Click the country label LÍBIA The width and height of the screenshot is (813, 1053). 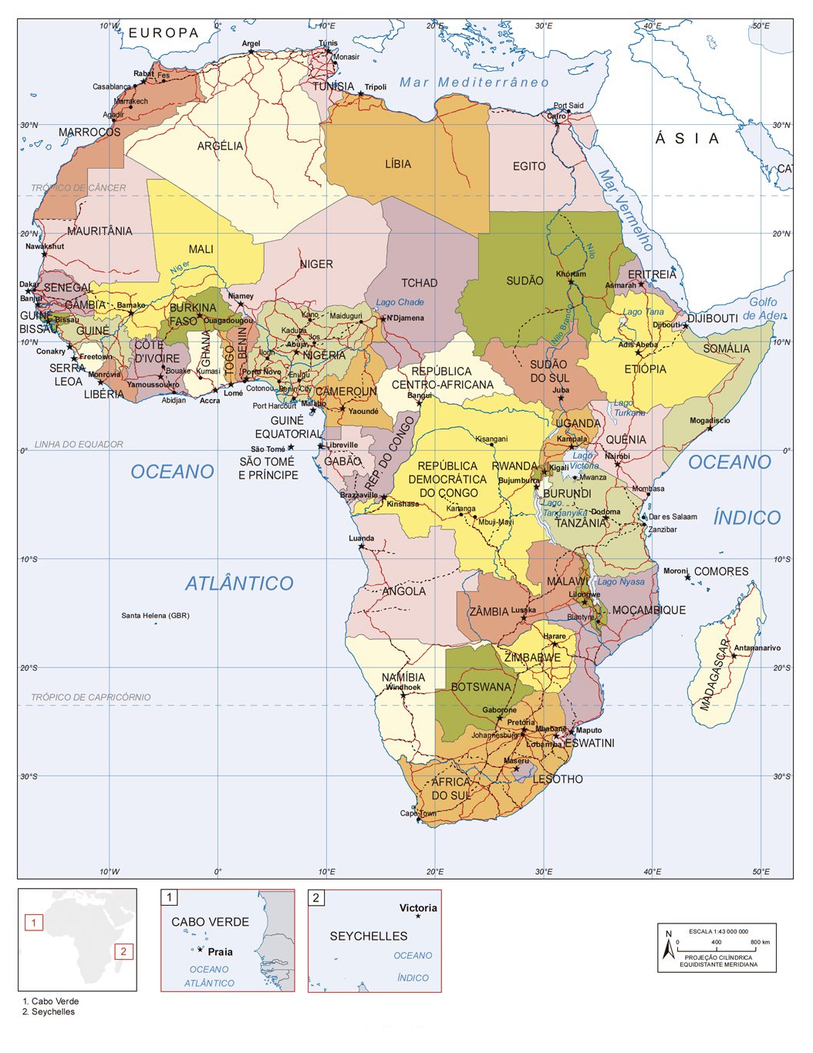click(x=398, y=164)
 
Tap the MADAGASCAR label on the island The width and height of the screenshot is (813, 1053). click(x=715, y=675)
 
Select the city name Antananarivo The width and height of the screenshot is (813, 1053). click(x=757, y=648)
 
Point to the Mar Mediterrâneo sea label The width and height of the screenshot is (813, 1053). click(x=474, y=82)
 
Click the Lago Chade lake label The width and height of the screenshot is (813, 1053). click(x=400, y=302)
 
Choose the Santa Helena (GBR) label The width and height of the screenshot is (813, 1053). click(x=155, y=615)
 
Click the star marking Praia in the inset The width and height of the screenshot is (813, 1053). click(x=201, y=950)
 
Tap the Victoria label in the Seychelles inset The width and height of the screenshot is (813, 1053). click(x=418, y=907)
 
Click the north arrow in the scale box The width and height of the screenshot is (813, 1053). click(x=669, y=946)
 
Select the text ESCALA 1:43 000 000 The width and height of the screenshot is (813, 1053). click(x=718, y=931)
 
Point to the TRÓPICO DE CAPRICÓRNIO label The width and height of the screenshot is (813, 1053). click(x=91, y=697)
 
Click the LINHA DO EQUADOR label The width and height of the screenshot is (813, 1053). click(x=79, y=444)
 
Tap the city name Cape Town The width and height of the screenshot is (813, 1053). click(x=418, y=813)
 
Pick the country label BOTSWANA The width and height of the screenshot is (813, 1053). click(x=481, y=687)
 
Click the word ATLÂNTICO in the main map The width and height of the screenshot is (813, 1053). click(x=239, y=584)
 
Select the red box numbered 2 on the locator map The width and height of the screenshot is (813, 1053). click(x=123, y=951)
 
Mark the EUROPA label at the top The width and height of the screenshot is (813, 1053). click(x=164, y=33)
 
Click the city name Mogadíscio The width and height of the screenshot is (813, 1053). click(x=710, y=421)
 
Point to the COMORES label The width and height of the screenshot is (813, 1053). click(x=721, y=571)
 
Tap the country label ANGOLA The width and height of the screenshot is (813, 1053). click(x=404, y=591)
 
